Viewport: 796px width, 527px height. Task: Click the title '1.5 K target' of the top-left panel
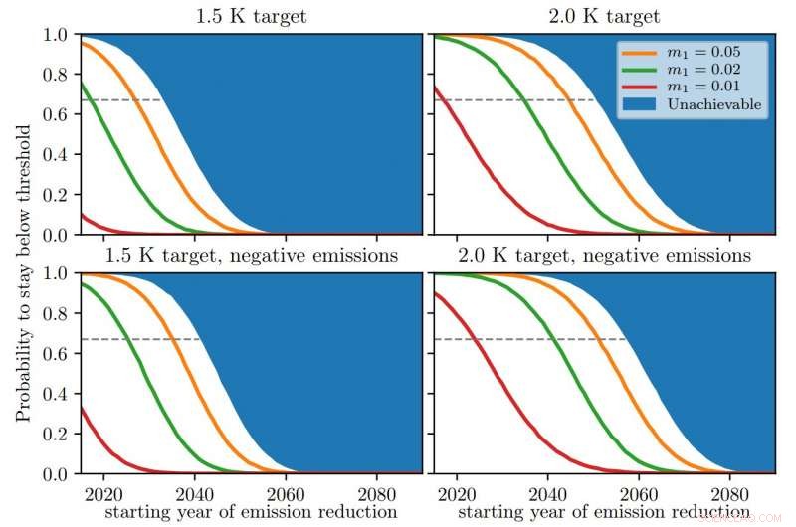coord(251,16)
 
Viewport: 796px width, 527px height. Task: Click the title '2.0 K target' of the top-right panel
coord(603,16)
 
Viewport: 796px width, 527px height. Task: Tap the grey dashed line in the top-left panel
coord(119,100)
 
